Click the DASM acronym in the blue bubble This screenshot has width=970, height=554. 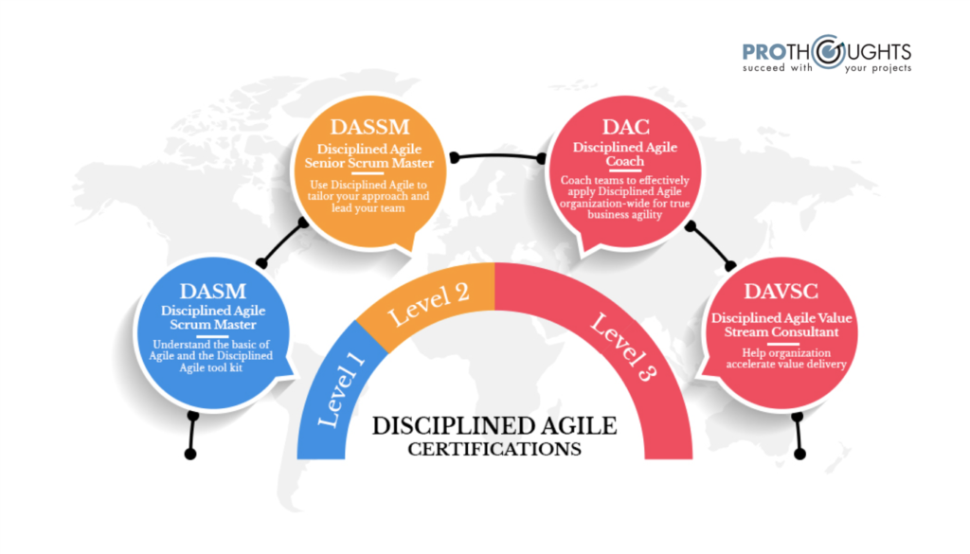pos(213,292)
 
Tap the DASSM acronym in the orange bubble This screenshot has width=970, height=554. pos(370,127)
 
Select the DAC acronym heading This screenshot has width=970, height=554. pos(625,127)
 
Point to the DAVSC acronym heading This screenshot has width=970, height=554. pos(781,292)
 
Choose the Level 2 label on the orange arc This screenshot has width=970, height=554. pos(428,304)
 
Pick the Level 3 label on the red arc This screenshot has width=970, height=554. pos(623,347)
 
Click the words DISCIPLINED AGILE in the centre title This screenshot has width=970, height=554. pos(494,426)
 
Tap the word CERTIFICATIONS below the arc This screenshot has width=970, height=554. pos(494,450)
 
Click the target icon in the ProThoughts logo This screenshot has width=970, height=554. pos(829,51)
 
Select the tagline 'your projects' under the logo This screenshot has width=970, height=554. pos(878,68)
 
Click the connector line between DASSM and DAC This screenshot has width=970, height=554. pos(498,156)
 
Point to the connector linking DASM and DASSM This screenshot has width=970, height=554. pos(282,243)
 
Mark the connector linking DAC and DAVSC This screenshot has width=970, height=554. pos(710,246)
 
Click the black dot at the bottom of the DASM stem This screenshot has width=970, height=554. pos(190,455)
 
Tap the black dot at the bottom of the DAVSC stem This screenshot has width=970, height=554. pos(799,455)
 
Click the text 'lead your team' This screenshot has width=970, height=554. pos(368,208)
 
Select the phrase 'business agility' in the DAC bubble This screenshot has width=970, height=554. pos(625,215)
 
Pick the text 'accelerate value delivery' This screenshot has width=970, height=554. pos(786,365)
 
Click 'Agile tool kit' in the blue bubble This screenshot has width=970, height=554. pos(211,367)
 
